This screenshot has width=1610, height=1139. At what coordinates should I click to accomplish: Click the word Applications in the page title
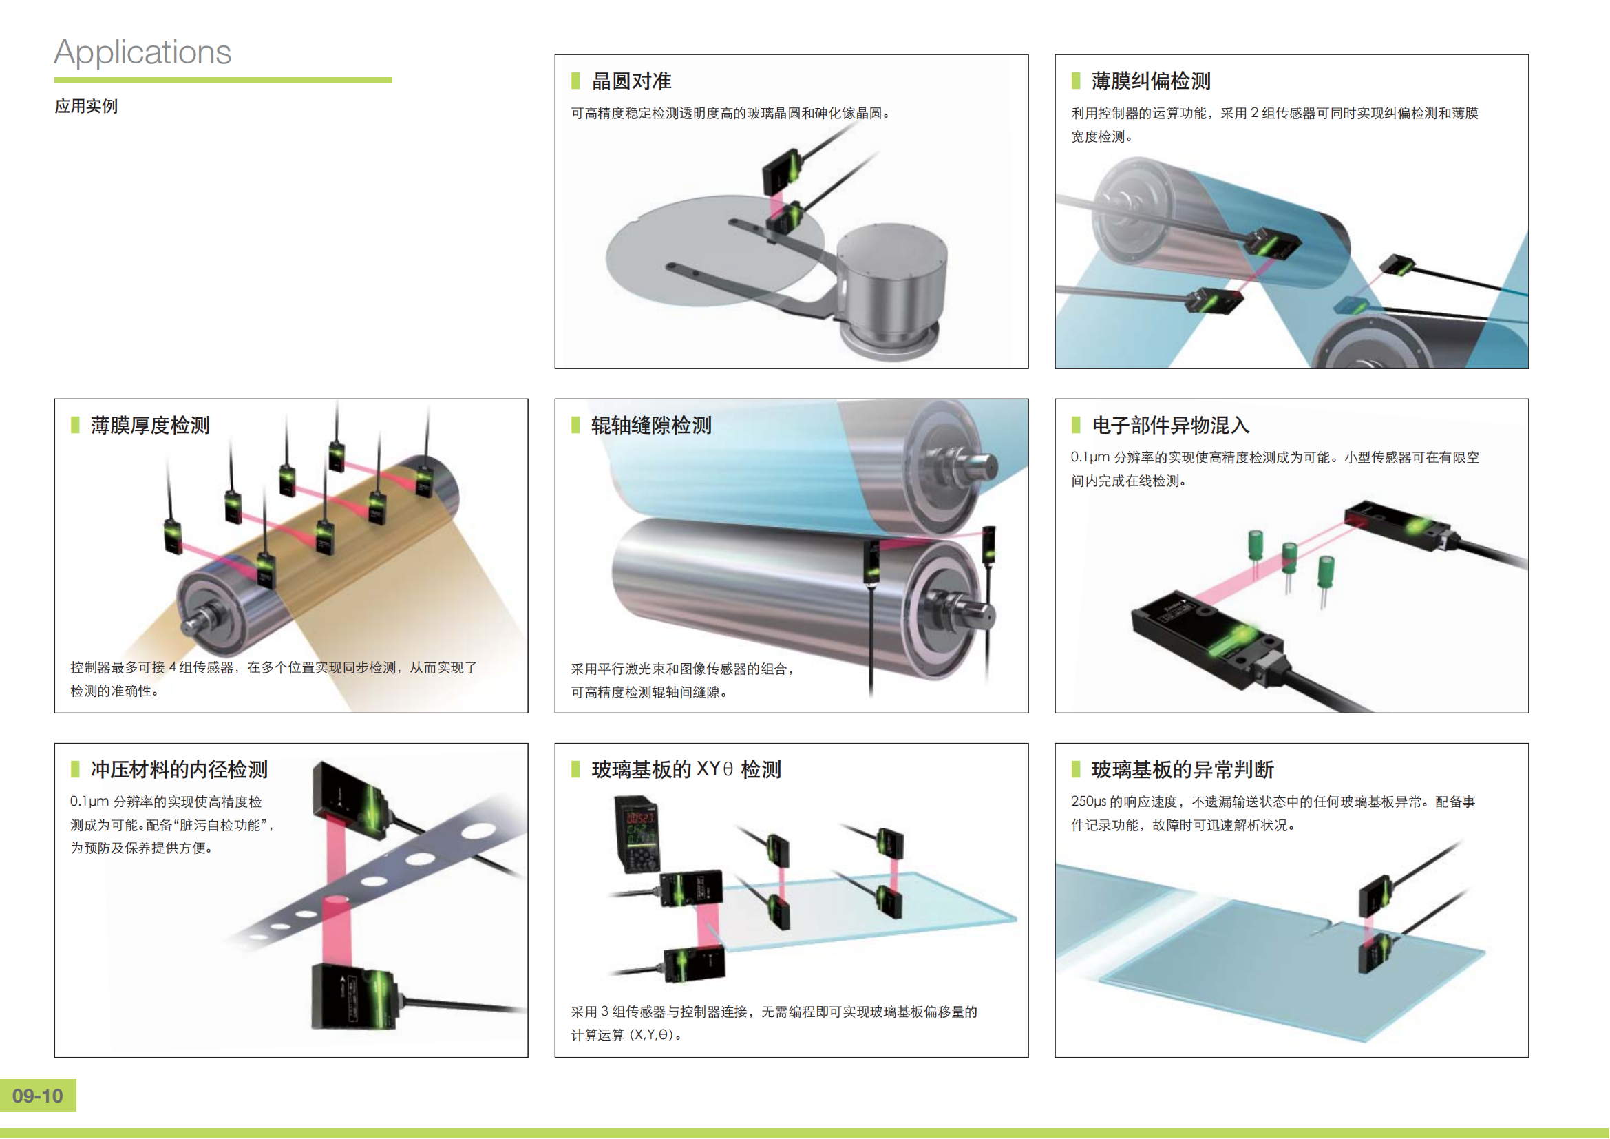[x=142, y=52]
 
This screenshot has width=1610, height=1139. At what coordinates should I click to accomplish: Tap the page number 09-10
[x=38, y=1096]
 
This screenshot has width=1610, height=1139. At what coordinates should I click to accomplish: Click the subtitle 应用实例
[x=86, y=107]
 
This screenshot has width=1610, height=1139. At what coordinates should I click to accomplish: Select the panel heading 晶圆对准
[x=631, y=81]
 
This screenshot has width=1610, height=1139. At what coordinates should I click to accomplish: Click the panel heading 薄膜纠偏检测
[x=1151, y=81]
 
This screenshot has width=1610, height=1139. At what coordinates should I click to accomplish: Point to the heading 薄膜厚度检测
[x=150, y=425]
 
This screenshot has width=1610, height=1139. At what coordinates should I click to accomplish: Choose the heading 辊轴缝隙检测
[x=650, y=425]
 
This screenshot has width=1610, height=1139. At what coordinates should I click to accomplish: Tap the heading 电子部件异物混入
[x=1170, y=425]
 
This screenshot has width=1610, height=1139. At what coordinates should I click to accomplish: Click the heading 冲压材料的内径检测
[x=179, y=769]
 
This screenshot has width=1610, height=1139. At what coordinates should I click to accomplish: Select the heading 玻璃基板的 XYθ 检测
[x=686, y=769]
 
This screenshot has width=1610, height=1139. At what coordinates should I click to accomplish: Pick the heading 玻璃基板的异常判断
[x=1183, y=769]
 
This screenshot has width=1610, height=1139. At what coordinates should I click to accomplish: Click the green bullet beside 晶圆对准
[x=575, y=81]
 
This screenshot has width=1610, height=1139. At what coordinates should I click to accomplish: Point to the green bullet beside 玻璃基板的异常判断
[x=1076, y=769]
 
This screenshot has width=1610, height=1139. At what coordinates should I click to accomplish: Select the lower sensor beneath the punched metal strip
[x=354, y=996]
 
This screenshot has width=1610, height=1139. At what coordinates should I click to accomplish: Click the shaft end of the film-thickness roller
[x=198, y=620]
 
